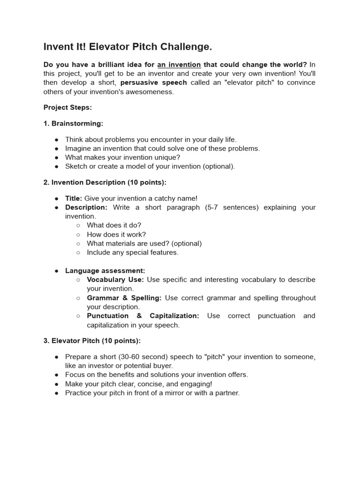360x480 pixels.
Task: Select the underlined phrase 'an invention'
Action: coord(179,64)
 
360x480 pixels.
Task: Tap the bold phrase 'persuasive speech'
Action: coord(153,82)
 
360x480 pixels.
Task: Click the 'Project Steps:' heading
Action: coord(67,107)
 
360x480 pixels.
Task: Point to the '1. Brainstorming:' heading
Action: coord(73,123)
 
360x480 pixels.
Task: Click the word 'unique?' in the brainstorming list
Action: coord(167,157)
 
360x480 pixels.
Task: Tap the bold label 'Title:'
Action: coord(74,198)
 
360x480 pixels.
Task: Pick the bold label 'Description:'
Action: coord(86,207)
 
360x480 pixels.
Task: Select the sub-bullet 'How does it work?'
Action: coord(116,234)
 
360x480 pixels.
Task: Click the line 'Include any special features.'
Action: coord(133,252)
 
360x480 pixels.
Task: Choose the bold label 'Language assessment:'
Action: coord(105,270)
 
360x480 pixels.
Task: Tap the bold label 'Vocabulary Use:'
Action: coord(115,280)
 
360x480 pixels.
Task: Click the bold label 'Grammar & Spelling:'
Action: coord(124,298)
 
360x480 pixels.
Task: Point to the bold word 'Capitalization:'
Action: coord(174,316)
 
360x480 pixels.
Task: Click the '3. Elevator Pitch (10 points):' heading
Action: coord(92,341)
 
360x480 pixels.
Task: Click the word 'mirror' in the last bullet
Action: coord(174,393)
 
